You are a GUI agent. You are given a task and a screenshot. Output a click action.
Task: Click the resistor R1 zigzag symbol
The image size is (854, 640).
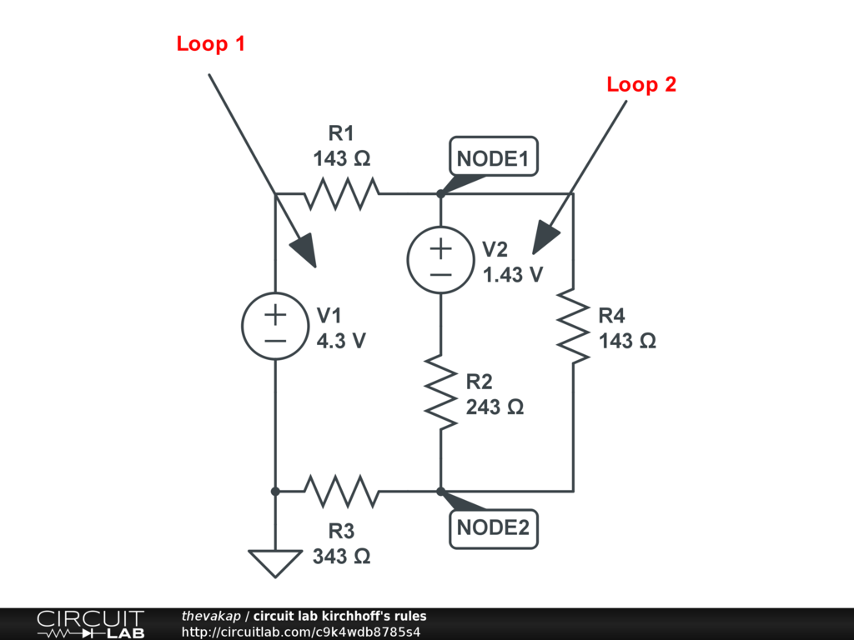(x=342, y=193)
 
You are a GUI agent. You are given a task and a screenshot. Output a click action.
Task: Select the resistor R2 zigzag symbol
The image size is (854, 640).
(x=440, y=392)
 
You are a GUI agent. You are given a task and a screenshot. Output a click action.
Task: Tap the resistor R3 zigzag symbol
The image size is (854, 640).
(x=342, y=492)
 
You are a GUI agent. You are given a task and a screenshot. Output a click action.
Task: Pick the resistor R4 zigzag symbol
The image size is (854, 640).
(x=574, y=326)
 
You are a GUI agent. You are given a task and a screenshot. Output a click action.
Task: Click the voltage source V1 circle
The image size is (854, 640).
(x=274, y=327)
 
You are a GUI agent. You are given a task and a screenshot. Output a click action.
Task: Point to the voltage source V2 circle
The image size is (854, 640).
(x=440, y=260)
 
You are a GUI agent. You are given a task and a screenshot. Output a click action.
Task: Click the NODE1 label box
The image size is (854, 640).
(x=494, y=157)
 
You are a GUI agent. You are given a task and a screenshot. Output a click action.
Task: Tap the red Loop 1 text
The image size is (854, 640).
(x=211, y=44)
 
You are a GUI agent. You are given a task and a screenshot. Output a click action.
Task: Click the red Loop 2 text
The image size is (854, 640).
(x=641, y=84)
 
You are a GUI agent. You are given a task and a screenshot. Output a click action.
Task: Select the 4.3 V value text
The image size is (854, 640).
(x=341, y=341)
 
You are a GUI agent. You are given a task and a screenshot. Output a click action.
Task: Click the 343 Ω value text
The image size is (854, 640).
(x=342, y=556)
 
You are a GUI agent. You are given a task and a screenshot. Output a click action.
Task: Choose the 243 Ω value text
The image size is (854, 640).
(x=495, y=407)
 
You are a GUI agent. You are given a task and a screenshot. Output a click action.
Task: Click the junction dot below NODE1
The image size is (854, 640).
(x=440, y=193)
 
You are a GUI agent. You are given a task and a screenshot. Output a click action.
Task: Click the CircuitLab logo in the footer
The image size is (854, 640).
(x=90, y=624)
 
